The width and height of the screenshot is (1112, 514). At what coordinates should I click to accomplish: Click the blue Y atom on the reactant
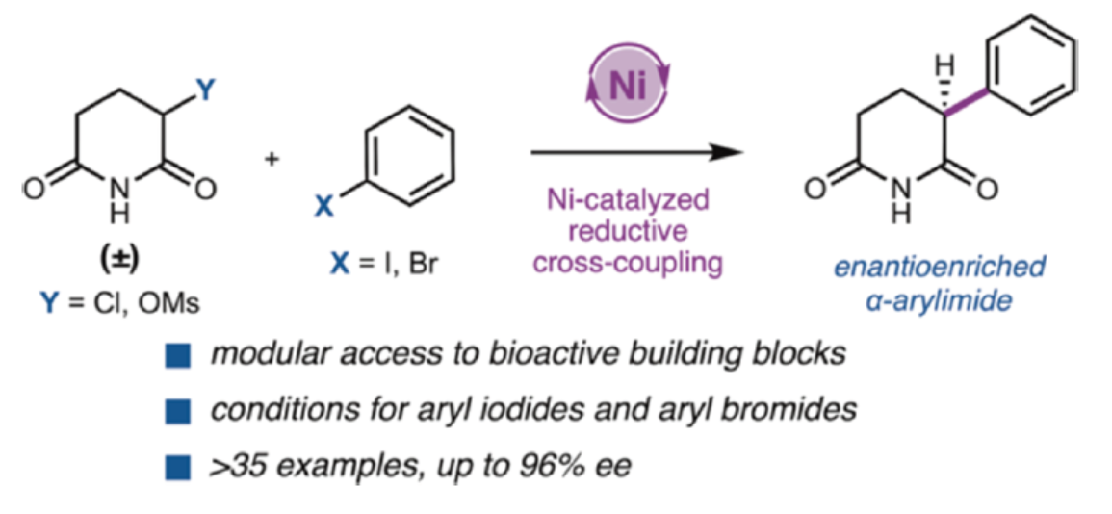(x=206, y=90)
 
